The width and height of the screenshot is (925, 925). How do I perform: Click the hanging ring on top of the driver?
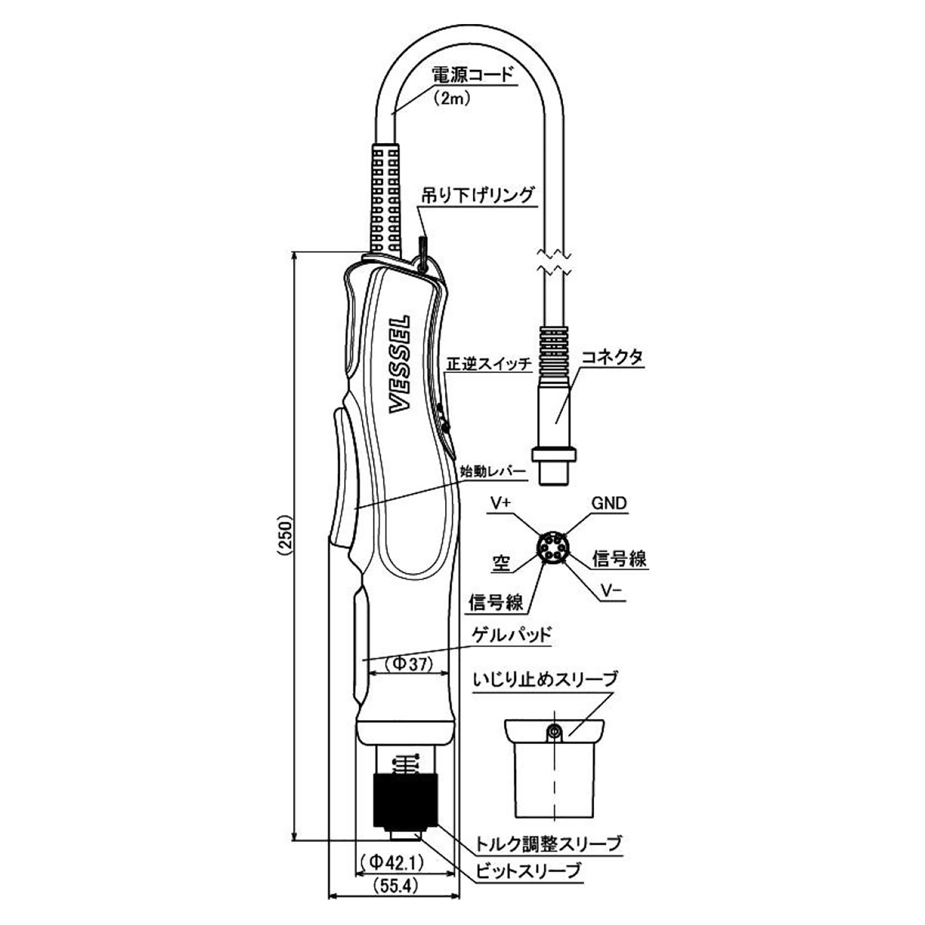pyautogui.click(x=423, y=253)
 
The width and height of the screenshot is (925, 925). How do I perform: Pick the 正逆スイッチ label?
pyautogui.click(x=488, y=364)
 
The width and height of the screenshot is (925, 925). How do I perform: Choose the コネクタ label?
pyautogui.click(x=612, y=357)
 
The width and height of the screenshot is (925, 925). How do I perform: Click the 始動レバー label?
pyautogui.click(x=493, y=472)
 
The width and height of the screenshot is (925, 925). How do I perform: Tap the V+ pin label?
pyautogui.click(x=501, y=503)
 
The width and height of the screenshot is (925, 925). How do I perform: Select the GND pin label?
pyautogui.click(x=609, y=503)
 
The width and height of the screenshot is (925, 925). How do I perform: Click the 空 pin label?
pyautogui.click(x=501, y=563)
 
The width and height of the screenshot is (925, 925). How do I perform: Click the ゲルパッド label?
pyautogui.click(x=511, y=635)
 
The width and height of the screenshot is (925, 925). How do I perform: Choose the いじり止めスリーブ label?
pyautogui.click(x=545, y=680)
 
